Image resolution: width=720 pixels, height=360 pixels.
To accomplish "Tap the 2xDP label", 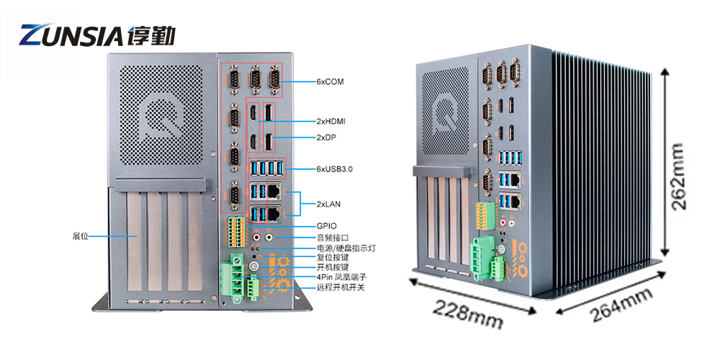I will [328, 137].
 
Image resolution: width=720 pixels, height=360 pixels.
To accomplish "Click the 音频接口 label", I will [333, 237].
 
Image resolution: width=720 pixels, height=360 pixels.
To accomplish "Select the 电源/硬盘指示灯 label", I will [346, 247].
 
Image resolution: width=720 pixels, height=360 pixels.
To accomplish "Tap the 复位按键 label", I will [333, 257].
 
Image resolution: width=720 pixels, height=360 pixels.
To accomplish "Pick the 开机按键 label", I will [333, 267].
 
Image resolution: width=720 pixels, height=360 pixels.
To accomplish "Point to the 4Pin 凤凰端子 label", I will [341, 277].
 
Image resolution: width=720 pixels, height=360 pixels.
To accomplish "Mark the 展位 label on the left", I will [81, 235].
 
